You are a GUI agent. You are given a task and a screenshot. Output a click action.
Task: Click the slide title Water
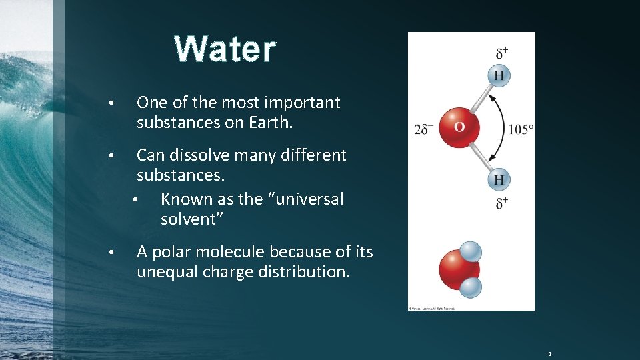tap(225, 49)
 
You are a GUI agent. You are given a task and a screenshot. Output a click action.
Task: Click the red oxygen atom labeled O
tap(459, 126)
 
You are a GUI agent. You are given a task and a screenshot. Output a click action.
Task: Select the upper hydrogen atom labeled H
tap(499, 75)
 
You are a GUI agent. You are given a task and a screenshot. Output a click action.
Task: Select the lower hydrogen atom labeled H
tap(499, 179)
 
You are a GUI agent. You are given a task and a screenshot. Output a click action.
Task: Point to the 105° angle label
tap(521, 129)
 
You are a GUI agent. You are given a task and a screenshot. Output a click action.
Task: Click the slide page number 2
tap(550, 353)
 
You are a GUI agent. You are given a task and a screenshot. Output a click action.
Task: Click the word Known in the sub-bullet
tap(183, 199)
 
